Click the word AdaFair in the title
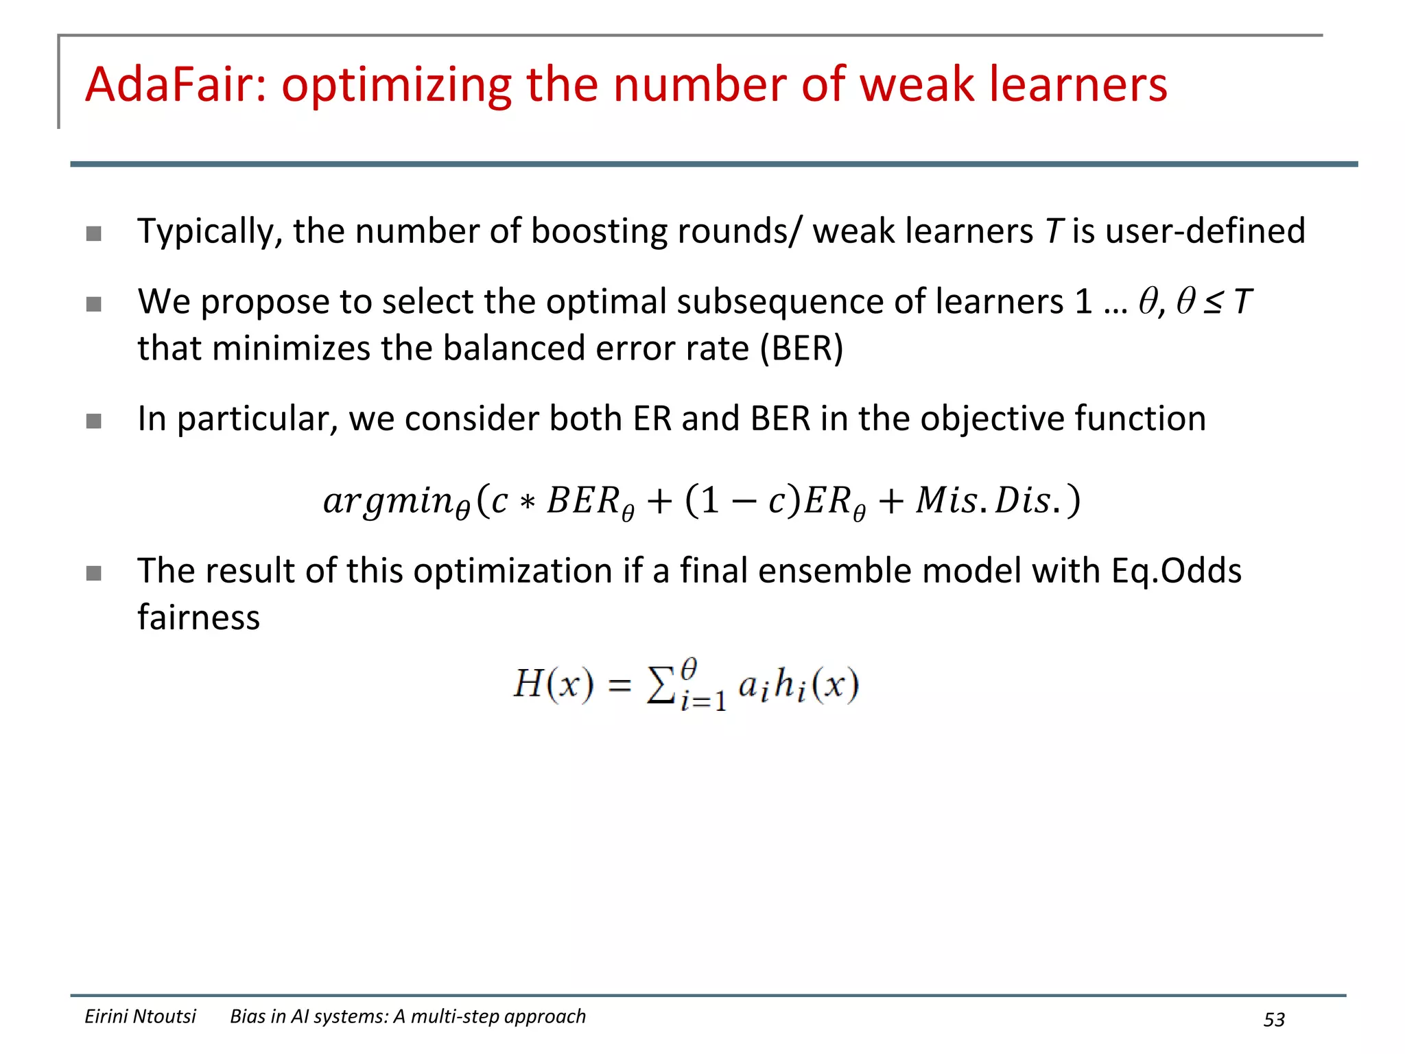tap(176, 85)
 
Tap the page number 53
tap(1274, 1020)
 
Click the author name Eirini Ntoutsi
tap(140, 1016)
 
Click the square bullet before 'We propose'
tap(94, 303)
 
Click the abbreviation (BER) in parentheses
tap(801, 348)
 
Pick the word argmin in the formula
tap(389, 500)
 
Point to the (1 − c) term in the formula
tap(744, 500)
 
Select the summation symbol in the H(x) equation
tap(661, 686)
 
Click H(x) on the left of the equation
tap(553, 684)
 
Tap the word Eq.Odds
tap(1176, 571)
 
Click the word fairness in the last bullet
tap(199, 618)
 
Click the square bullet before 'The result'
tap(94, 573)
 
